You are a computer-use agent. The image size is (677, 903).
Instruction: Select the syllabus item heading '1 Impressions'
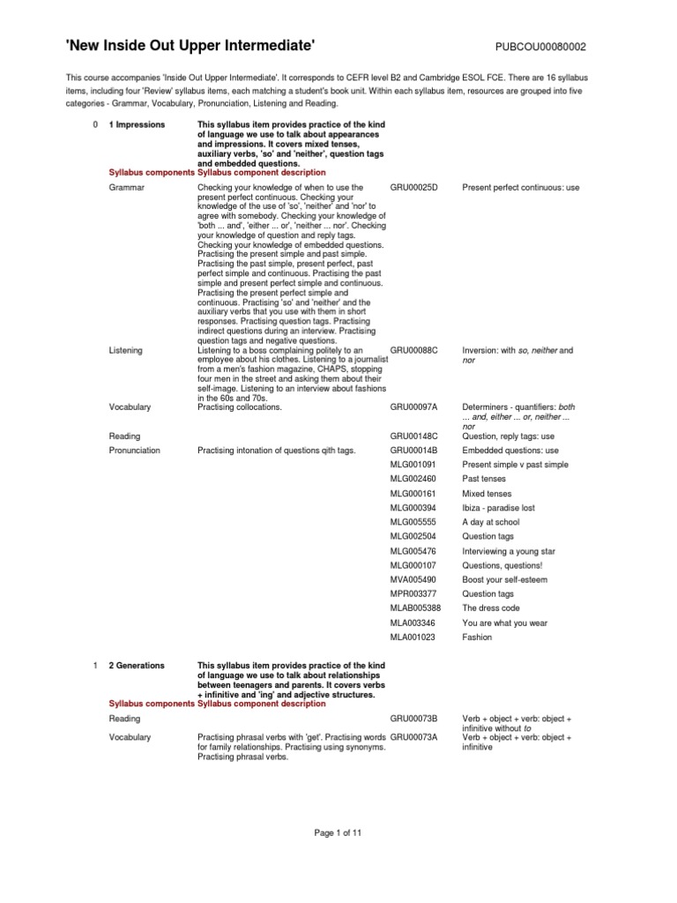pos(137,125)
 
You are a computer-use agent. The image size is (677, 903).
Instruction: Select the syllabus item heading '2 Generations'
pos(137,666)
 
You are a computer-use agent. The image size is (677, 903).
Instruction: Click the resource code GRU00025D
pos(413,188)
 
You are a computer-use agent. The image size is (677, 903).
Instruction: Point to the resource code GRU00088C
pos(413,350)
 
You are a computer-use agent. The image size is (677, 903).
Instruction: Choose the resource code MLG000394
pos(413,508)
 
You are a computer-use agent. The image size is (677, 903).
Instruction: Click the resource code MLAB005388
pos(415,608)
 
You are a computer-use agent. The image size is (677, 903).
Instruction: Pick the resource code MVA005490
pos(413,579)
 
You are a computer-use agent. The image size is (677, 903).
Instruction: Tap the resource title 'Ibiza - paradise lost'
pos(499,508)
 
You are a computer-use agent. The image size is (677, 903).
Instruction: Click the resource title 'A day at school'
pos(491,522)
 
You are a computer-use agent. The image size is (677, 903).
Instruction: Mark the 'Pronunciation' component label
pos(135,450)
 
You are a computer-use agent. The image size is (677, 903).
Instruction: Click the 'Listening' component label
pos(125,350)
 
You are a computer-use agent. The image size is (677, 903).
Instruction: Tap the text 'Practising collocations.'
pos(240,407)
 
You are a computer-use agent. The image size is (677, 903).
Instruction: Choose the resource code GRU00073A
pos(413,737)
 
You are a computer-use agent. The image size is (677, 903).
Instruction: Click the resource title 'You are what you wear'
pos(505,623)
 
